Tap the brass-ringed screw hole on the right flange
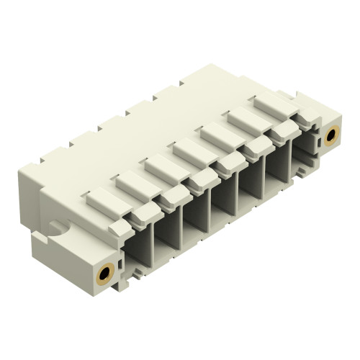(x=333, y=136)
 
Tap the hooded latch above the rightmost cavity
(x=284, y=130)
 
